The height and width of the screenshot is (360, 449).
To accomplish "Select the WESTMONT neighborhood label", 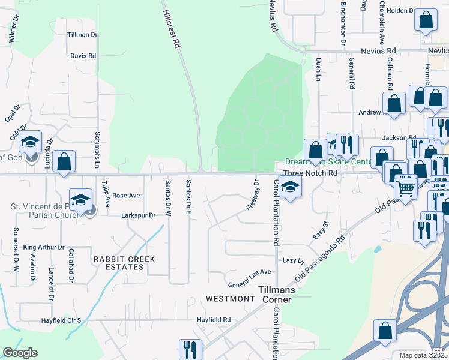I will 230,298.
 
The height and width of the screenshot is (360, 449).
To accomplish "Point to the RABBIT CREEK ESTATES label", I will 124,263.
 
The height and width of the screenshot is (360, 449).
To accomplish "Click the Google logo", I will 20,353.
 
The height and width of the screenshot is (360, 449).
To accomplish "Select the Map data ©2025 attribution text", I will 423,355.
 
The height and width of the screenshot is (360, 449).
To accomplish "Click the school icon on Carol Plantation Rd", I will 290,187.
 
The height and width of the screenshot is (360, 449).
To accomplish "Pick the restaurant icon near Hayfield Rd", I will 190,350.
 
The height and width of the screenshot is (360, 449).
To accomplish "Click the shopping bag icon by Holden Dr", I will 426,20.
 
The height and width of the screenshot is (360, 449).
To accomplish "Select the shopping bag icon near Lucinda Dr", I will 64,161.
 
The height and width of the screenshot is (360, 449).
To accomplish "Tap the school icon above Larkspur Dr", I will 80,200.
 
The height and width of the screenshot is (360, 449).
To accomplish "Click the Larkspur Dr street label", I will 138,215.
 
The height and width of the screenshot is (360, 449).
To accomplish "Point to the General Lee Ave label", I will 249,272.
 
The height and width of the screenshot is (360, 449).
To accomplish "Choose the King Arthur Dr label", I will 44,247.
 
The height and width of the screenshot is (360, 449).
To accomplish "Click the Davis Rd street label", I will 83,56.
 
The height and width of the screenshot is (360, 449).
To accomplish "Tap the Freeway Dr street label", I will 252,195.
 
